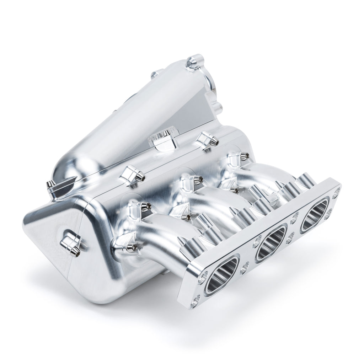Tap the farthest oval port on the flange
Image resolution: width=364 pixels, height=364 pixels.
click(x=314, y=215)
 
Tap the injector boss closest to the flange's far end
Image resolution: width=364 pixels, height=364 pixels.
click(x=305, y=181)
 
